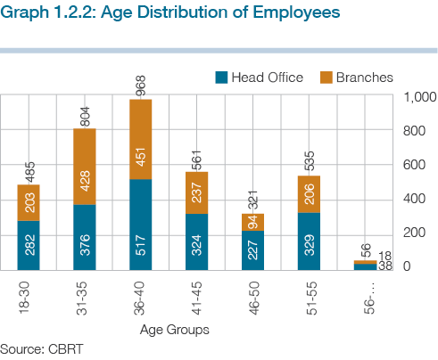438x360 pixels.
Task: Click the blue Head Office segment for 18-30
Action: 29,245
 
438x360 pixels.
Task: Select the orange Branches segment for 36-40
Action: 141,139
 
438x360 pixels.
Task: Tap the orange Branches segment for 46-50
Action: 252,222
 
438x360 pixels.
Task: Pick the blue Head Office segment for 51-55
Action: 309,241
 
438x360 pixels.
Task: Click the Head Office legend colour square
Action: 221,78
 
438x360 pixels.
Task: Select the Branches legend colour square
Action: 326,78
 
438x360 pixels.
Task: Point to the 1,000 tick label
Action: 419,97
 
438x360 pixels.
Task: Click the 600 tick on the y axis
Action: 414,165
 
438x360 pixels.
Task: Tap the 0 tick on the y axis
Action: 407,266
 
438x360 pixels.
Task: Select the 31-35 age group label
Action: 82,299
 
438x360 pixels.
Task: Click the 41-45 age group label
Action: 196,299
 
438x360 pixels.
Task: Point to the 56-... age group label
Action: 369,299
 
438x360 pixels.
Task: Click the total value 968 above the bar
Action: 141,86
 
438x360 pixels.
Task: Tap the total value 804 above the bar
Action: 85,117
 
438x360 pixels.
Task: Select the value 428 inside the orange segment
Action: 85,181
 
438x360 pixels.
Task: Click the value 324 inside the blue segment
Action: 196,245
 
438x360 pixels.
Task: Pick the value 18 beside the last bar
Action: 385,256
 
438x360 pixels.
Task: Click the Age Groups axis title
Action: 175,330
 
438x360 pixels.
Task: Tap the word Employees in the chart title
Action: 296,12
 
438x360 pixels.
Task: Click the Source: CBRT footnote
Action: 41,349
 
